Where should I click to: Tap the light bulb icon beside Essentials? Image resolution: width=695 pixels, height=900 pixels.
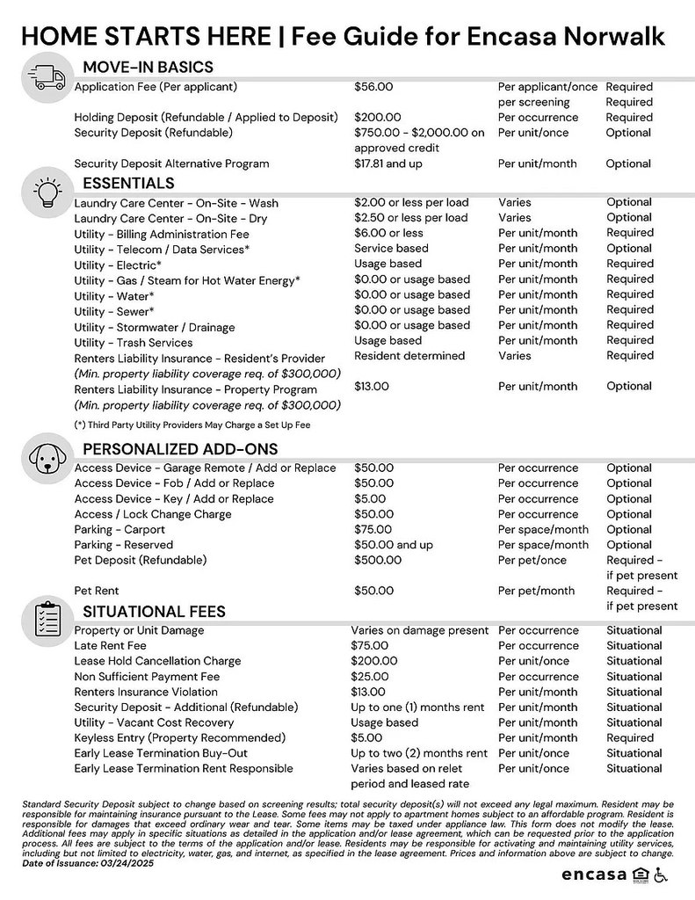[x=47, y=192]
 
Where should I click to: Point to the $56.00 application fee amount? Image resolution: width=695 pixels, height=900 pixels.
[x=373, y=87]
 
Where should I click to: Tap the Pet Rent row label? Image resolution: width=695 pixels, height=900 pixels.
[x=97, y=591]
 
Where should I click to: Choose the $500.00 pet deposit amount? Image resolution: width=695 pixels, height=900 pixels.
[x=377, y=560]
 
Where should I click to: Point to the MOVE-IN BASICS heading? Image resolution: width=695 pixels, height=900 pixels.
[x=148, y=67]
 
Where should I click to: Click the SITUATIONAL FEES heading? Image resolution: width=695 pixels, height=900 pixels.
[x=154, y=611]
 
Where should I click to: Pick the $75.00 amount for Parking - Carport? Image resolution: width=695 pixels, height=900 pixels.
[x=373, y=529]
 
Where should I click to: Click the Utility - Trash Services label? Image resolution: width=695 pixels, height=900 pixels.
[x=133, y=342]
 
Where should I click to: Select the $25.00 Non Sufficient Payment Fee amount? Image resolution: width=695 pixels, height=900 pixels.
[x=370, y=677]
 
